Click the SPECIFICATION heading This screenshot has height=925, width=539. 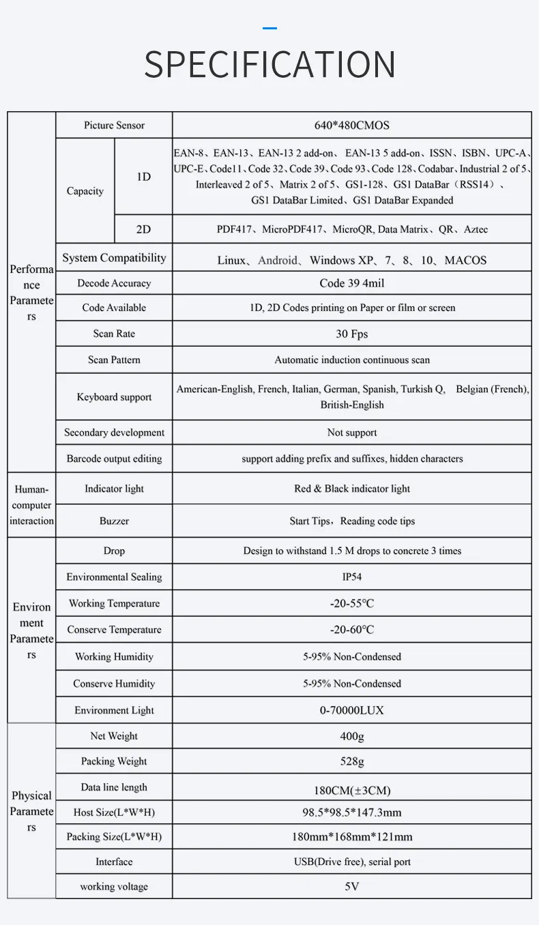pos(269,65)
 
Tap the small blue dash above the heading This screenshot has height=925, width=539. pos(269,29)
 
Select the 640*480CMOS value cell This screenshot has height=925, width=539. pos(351,126)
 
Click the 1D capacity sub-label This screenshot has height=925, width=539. pos(143,177)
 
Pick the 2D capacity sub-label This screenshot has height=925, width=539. pos(143,229)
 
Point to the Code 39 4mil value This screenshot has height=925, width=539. pos(351,283)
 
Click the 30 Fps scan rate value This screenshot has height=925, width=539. pos(351,334)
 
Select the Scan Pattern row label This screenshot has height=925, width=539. pos(114,359)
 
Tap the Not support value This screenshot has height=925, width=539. pos(351,432)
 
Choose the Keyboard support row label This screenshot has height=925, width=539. pos(114,397)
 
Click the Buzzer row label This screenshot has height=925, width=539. pos(114,521)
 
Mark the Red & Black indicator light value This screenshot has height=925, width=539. pos(351,489)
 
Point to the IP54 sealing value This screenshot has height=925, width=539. pos(351,577)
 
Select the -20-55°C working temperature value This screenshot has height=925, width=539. pos(351,604)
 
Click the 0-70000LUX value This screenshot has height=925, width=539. pos(351,710)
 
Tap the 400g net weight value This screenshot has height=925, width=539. pos(351,737)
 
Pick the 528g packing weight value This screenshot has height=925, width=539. pos(351,761)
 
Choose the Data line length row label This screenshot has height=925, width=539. pos(114,787)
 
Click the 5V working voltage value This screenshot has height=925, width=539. pos(351,887)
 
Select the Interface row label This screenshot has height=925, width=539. pos(114,862)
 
